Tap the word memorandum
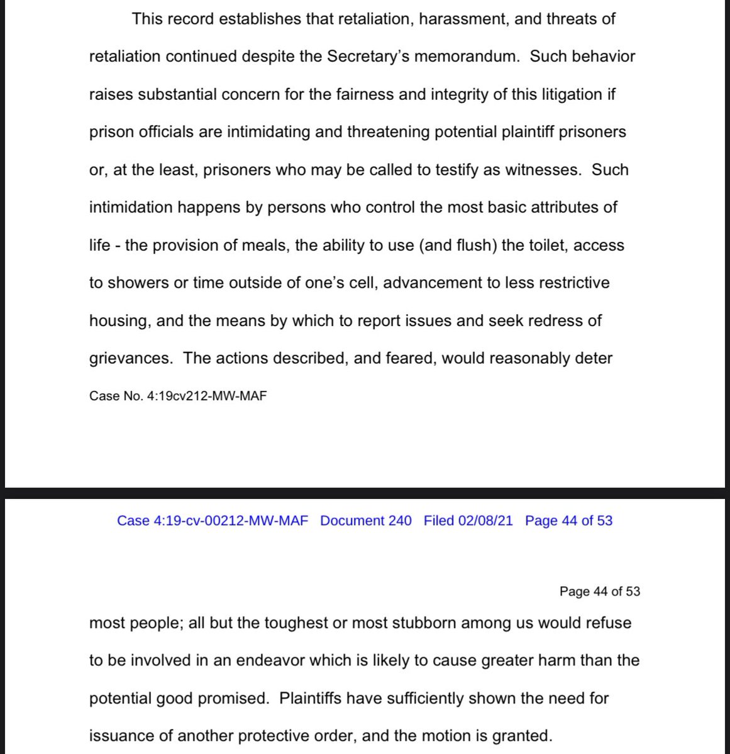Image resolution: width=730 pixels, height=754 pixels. (467, 57)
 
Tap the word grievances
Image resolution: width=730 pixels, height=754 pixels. (130, 358)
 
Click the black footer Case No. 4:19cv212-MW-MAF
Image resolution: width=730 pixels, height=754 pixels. (178, 396)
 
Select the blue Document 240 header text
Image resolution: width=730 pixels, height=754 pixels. (366, 520)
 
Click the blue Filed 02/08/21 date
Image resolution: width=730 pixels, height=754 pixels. (468, 520)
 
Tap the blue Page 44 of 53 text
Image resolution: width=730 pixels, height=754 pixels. (568, 520)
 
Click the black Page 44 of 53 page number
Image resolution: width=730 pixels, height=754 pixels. (599, 591)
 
